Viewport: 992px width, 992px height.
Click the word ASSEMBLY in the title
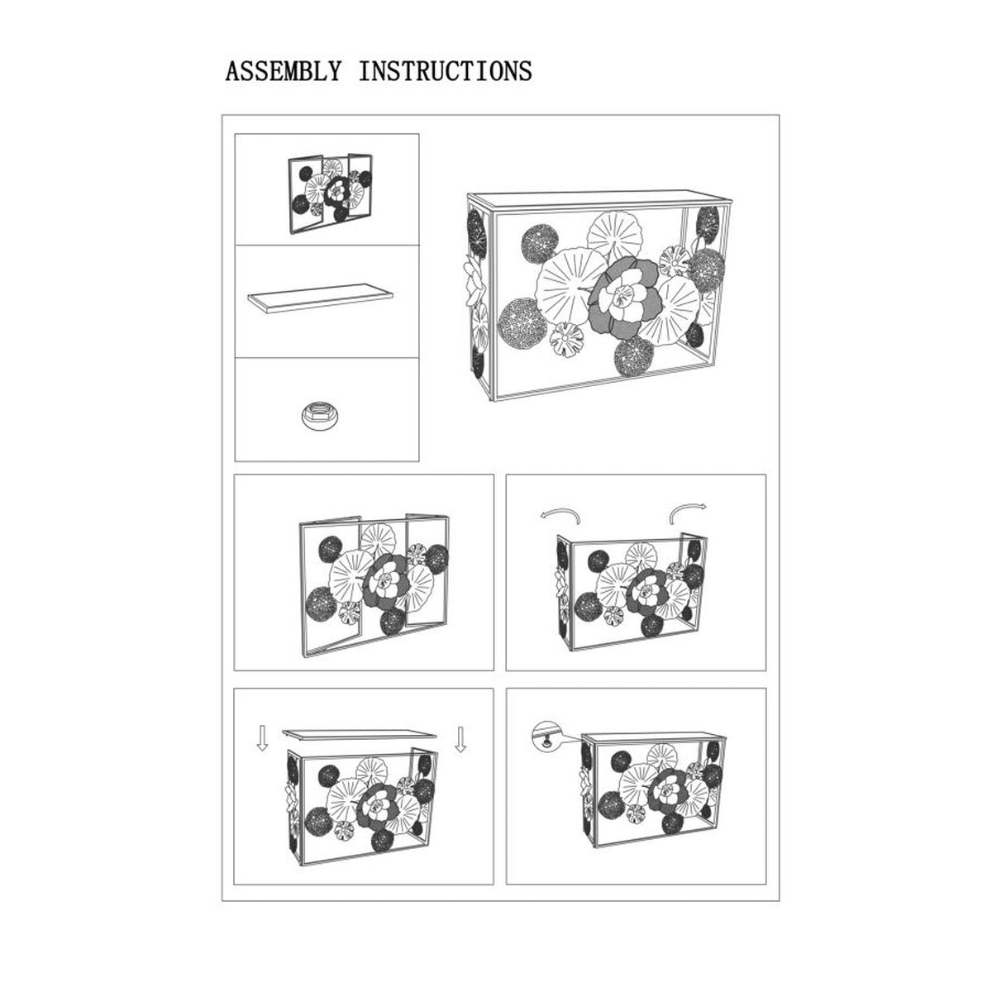pos(284,71)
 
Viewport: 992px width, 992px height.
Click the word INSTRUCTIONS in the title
pos(446,71)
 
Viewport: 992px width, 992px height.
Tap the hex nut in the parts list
pos(316,413)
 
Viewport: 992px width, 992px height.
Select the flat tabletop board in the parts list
pos(320,298)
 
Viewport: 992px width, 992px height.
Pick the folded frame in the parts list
pos(330,193)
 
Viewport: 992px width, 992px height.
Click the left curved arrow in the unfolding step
pos(560,515)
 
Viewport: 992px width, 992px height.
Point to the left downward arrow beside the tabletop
pos(263,738)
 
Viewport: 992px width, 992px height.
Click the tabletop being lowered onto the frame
pos(360,735)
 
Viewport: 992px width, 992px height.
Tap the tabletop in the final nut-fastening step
pos(654,739)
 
